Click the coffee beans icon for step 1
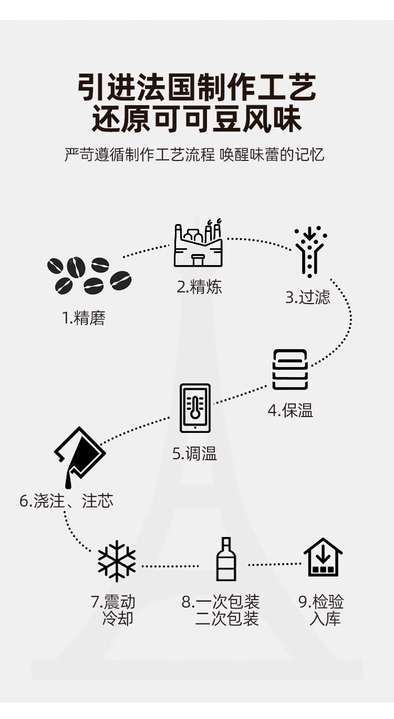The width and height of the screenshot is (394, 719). pos(89,275)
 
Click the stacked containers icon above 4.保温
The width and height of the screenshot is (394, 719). pos(290,369)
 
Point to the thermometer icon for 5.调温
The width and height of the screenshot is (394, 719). pos(195,408)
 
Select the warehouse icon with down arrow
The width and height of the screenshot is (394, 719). pos(323,558)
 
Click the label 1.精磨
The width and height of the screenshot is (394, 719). pos(84,318)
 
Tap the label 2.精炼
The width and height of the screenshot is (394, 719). pos(199,287)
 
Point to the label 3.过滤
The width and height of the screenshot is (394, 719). pos(308,297)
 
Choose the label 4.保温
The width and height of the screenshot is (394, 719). pos(291,410)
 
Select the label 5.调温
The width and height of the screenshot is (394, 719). pos(195,453)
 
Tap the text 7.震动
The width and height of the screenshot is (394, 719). pos(113,602)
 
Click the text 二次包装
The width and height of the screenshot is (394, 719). pos(227,619)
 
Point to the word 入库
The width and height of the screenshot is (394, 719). pos(325,619)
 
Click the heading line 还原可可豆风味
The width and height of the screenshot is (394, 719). pos(197,119)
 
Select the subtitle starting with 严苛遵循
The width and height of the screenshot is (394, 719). pos(195,155)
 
